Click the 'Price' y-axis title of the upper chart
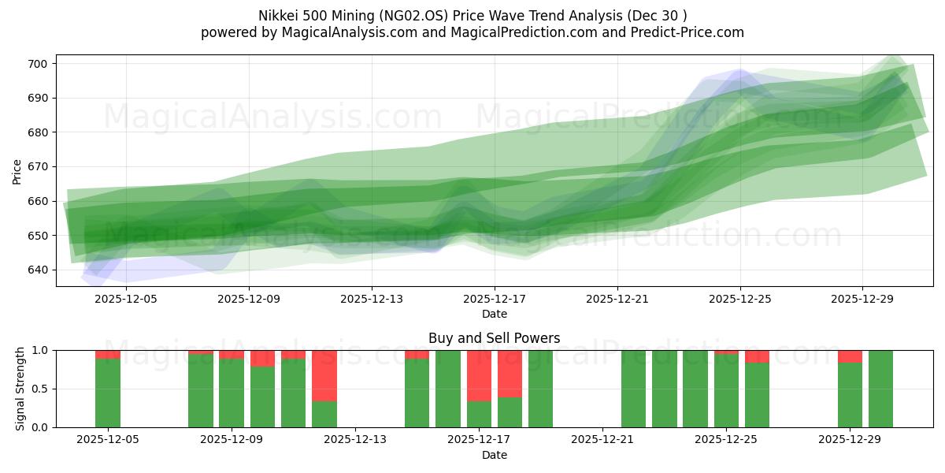pyautogui.click(x=17, y=170)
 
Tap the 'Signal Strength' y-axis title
pyautogui.click(x=21, y=389)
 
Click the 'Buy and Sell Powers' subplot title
pyautogui.click(x=494, y=338)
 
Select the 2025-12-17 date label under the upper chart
pyautogui.click(x=494, y=299)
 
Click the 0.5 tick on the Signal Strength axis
pyautogui.click(x=40, y=389)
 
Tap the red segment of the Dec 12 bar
pyautogui.click(x=324, y=375)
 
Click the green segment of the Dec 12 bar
pyautogui.click(x=324, y=415)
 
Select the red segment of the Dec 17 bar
pyautogui.click(x=479, y=375)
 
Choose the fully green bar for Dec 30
pyautogui.click(x=880, y=389)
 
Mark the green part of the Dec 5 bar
pyautogui.click(x=108, y=393)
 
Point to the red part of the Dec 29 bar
pyautogui.click(x=850, y=356)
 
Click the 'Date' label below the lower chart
pyautogui.click(x=494, y=455)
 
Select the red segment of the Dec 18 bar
pyautogui.click(x=510, y=374)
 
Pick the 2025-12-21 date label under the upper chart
pyautogui.click(x=617, y=299)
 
